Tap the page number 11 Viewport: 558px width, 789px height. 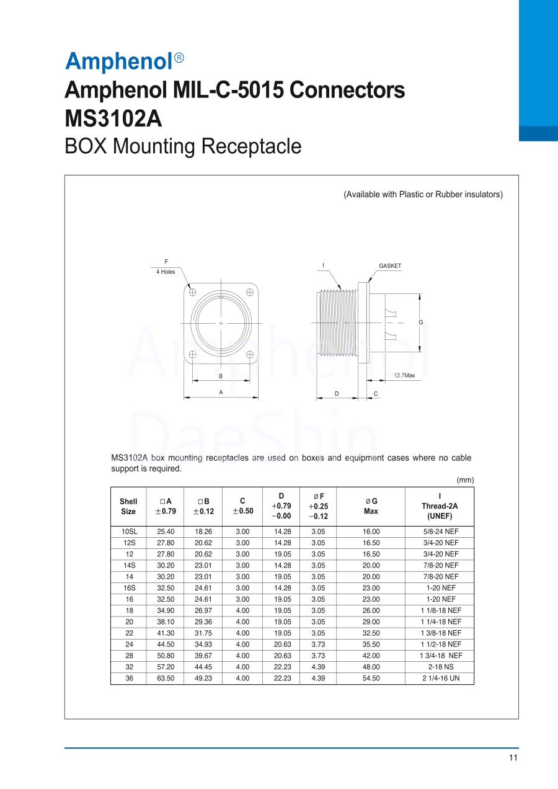tap(513, 758)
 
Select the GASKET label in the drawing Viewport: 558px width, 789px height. tap(390, 266)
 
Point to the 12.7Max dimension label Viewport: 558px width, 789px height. tap(404, 376)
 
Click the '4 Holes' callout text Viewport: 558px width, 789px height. tap(166, 272)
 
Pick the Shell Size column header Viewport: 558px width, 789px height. tap(128, 506)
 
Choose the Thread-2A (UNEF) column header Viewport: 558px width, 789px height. tap(439, 506)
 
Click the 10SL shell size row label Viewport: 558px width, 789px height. tap(128, 532)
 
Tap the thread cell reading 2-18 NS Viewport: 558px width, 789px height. tap(439, 667)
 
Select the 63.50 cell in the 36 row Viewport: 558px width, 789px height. tap(166, 678)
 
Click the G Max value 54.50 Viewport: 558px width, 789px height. tap(371, 678)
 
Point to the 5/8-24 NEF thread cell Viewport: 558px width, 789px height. tap(439, 532)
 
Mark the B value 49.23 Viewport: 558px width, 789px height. tap(203, 678)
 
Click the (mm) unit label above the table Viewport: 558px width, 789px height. tap(465, 480)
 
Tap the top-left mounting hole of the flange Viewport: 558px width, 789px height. tap(193, 292)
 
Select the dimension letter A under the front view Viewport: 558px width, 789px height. tap(221, 392)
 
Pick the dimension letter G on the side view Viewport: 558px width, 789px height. tap(420, 323)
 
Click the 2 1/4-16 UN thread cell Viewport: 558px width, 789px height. tap(439, 678)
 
